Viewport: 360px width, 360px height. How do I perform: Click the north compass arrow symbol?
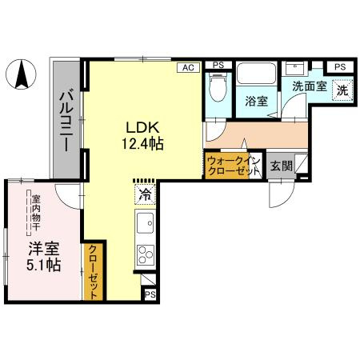click(x=22, y=74)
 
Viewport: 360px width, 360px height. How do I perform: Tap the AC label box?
click(x=188, y=67)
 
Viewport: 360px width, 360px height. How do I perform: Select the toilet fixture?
click(x=218, y=88)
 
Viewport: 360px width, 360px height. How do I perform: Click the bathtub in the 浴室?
click(x=257, y=73)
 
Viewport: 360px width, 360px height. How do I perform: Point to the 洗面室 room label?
click(x=310, y=86)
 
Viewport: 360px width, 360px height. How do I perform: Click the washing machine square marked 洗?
click(x=342, y=90)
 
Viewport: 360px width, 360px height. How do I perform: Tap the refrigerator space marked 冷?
click(x=146, y=194)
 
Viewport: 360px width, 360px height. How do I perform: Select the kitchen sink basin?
click(x=146, y=223)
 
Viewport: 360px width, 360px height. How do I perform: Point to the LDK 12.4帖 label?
click(x=142, y=135)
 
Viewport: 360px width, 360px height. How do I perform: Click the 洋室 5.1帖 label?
click(x=44, y=257)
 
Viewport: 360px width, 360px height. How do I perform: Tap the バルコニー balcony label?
click(x=66, y=121)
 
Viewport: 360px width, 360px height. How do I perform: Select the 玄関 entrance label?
click(x=282, y=166)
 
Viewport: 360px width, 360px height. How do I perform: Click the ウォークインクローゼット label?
click(x=234, y=166)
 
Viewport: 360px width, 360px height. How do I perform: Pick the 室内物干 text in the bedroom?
click(x=36, y=213)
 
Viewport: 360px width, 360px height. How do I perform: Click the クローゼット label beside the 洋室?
click(x=93, y=272)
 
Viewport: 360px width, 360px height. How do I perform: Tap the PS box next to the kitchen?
click(x=150, y=294)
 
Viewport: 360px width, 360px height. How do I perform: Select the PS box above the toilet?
click(x=218, y=65)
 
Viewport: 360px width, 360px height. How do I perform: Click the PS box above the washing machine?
click(x=340, y=67)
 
